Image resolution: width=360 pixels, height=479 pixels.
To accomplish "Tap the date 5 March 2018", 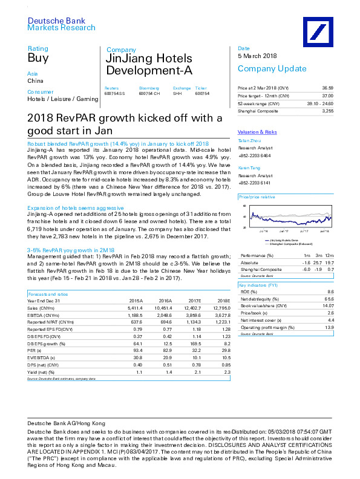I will coord(257,56).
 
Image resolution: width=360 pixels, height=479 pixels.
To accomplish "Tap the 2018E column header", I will coord(224,300).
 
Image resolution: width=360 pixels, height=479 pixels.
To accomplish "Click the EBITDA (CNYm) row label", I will coord(43,315).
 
